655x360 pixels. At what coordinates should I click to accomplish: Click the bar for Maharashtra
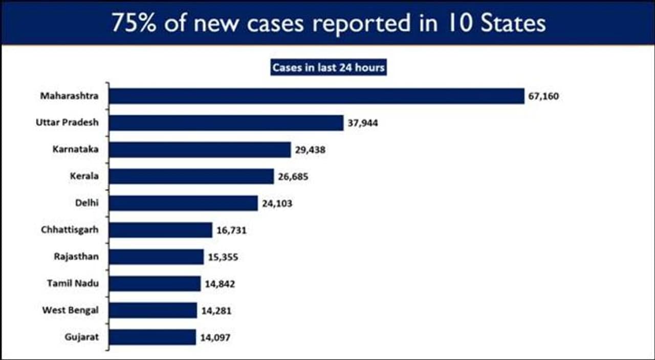[x=317, y=96]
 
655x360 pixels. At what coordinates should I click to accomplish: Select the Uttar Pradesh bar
[x=226, y=123]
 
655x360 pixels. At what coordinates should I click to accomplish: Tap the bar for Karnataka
[x=200, y=150]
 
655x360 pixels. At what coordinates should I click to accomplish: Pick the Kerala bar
[x=191, y=176]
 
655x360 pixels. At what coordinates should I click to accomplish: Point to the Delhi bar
[x=183, y=203]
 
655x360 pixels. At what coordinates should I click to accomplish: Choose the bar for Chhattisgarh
[x=161, y=230]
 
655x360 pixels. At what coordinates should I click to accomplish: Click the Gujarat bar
[x=152, y=337]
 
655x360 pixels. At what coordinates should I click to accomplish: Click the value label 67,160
[x=543, y=96]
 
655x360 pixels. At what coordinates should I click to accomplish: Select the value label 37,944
[x=363, y=123]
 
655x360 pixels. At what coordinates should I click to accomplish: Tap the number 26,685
[x=293, y=177]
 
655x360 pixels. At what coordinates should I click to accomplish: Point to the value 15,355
[x=223, y=257]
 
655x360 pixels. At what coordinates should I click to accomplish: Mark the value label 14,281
[x=216, y=310]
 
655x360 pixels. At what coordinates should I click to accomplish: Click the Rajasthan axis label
[x=76, y=257]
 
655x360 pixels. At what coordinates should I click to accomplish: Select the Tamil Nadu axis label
[x=73, y=283]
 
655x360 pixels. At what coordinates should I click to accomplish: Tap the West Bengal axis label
[x=71, y=310]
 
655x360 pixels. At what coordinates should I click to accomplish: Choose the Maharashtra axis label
[x=69, y=96]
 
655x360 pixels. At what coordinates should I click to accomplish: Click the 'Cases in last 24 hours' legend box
[x=328, y=68]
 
